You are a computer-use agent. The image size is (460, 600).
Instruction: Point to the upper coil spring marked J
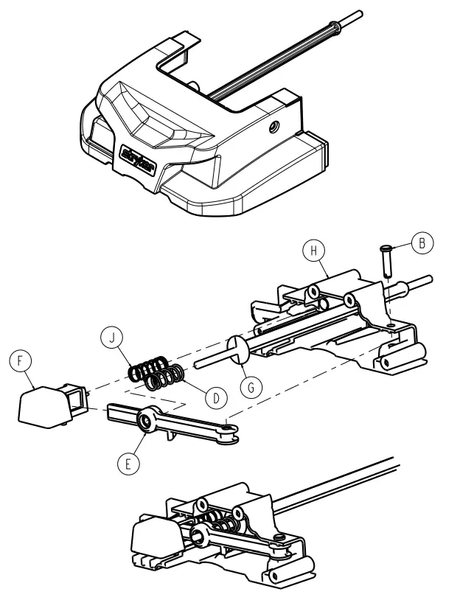point(150,366)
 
